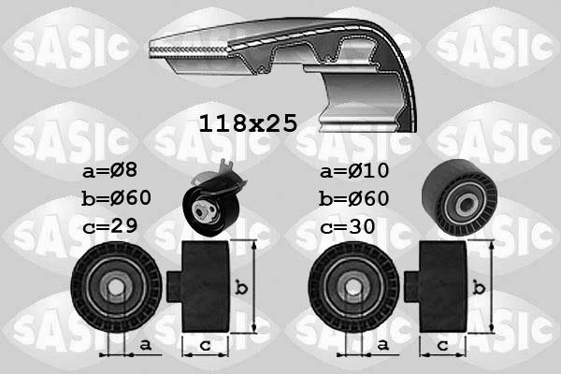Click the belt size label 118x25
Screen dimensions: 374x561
(248, 122)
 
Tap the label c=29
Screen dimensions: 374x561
(109, 227)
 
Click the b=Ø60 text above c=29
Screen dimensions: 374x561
(116, 198)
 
